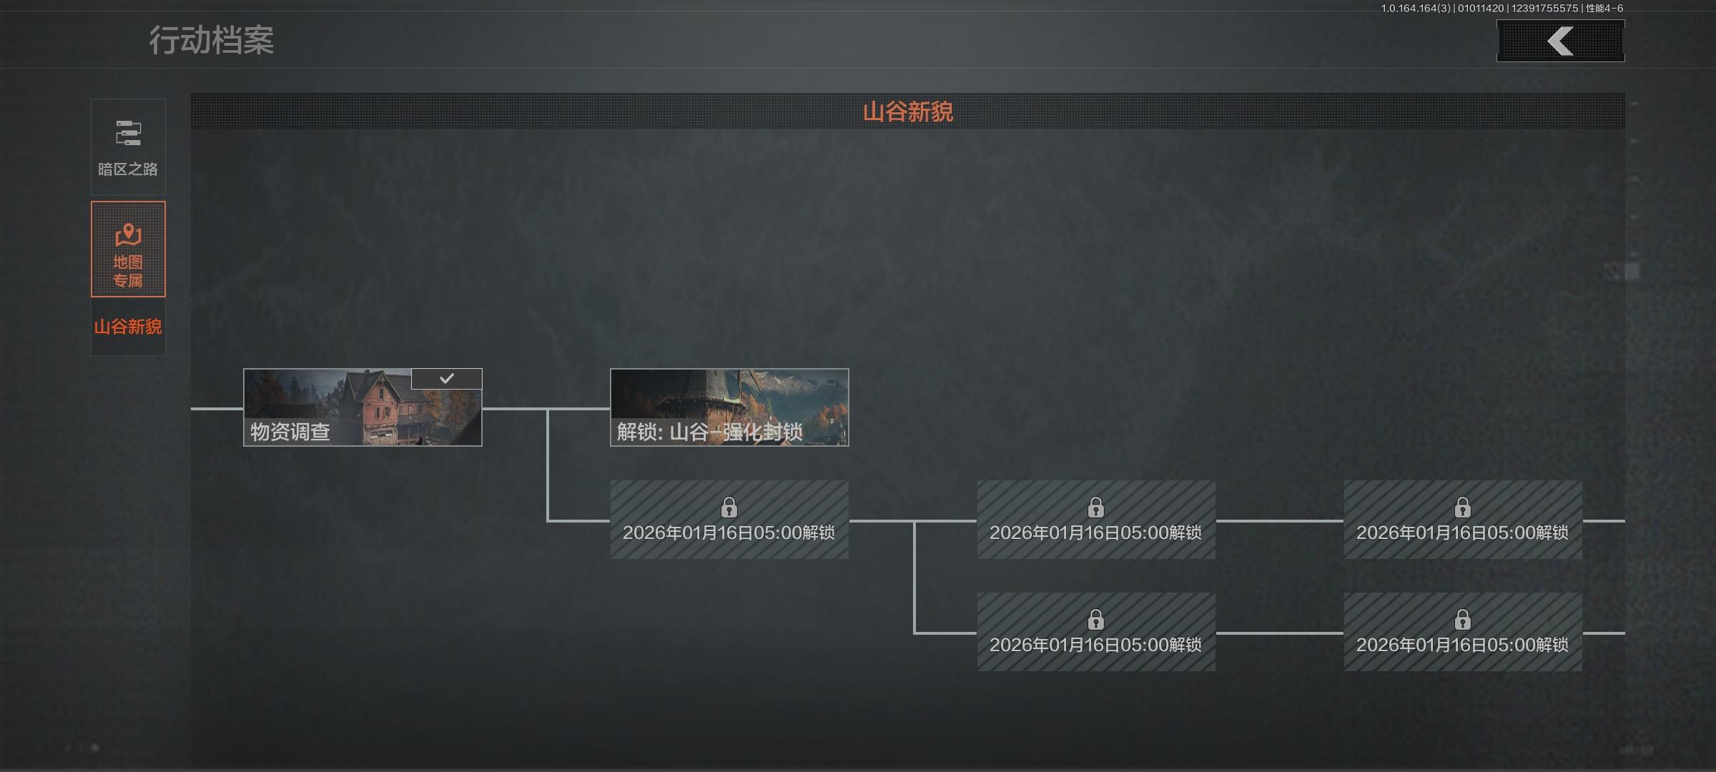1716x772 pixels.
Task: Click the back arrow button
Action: pyautogui.click(x=1560, y=41)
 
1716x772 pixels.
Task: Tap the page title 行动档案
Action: pyautogui.click(x=211, y=40)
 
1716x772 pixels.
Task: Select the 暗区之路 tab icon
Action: pyautogui.click(x=128, y=134)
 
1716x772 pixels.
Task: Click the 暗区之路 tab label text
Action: pyautogui.click(x=128, y=169)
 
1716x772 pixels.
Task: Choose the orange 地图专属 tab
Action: pyautogui.click(x=128, y=249)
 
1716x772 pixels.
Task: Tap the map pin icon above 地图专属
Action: pyautogui.click(x=128, y=234)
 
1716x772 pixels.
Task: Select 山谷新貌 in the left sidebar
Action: pyautogui.click(x=128, y=327)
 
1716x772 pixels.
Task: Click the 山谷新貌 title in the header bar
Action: pyautogui.click(x=907, y=112)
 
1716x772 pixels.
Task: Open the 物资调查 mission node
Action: pyautogui.click(x=363, y=407)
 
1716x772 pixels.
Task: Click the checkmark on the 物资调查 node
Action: pyautogui.click(x=447, y=378)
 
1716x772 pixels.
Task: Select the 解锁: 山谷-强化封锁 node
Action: pyautogui.click(x=729, y=407)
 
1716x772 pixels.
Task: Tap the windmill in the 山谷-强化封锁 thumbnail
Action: pyautogui.click(x=722, y=397)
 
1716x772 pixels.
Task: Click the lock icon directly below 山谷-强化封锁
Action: pyautogui.click(x=729, y=508)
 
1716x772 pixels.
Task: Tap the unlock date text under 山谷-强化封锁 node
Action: pyautogui.click(x=729, y=533)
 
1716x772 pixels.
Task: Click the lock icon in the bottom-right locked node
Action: pyautogui.click(x=1462, y=619)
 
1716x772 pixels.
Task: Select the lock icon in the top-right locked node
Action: pyautogui.click(x=1462, y=508)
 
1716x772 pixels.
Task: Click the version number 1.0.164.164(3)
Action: pyautogui.click(x=1416, y=9)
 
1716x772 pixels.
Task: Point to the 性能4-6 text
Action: pyautogui.click(x=1604, y=9)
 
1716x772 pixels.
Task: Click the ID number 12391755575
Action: pyautogui.click(x=1544, y=9)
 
